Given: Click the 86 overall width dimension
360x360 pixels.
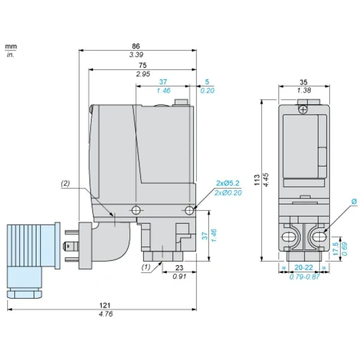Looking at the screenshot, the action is (x=136, y=46).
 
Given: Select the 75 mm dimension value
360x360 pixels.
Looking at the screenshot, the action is (x=142, y=65).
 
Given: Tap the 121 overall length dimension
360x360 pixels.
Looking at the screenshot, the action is (x=105, y=305).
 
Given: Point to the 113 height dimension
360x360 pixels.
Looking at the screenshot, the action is (x=257, y=180).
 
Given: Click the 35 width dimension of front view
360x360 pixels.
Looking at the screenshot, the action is (x=303, y=82).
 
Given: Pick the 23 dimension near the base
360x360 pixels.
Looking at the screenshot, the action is (x=179, y=268).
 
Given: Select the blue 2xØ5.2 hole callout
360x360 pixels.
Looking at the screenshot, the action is (x=228, y=183).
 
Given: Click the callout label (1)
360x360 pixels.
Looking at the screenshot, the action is (x=146, y=267).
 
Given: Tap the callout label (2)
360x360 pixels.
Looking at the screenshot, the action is (x=65, y=183).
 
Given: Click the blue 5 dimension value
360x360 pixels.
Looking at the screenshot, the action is (x=207, y=82).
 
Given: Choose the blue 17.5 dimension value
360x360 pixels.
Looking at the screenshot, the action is (x=336, y=248).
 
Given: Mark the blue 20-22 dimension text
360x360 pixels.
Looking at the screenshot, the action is (x=303, y=267).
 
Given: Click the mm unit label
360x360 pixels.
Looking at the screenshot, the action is (x=11, y=46).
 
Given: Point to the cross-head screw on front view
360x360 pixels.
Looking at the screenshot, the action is (x=303, y=110).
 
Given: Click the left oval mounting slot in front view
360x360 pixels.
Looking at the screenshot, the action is (x=289, y=237).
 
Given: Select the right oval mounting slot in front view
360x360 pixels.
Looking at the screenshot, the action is (x=319, y=237).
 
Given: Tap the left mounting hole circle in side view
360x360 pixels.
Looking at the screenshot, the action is (x=136, y=210).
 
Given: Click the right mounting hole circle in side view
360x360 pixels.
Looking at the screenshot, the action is (x=189, y=210).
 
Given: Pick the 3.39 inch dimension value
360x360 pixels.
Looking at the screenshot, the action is (x=136, y=55).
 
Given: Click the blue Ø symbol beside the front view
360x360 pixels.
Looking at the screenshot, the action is (x=354, y=202).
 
